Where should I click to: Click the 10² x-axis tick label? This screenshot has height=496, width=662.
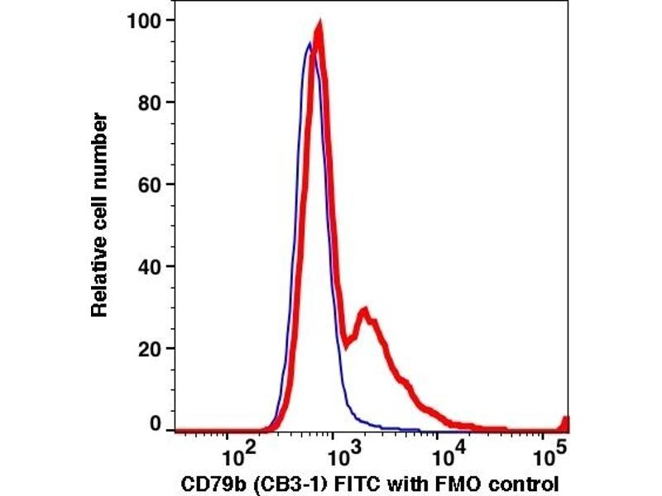click(x=240, y=454)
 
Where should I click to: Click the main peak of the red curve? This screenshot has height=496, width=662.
click(x=318, y=30)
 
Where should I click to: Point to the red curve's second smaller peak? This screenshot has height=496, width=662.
click(x=362, y=312)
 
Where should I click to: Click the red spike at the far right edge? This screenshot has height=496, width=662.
click(x=566, y=421)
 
